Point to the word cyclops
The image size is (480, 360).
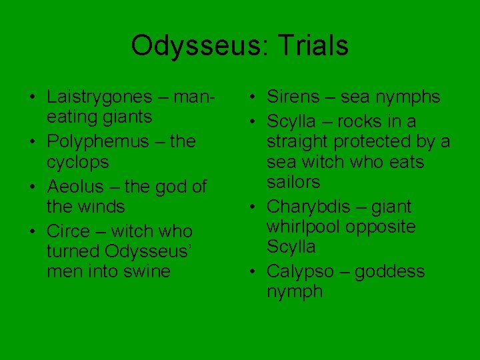77,162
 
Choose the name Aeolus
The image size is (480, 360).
75,187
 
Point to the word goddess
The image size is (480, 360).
389,271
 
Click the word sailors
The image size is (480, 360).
293,182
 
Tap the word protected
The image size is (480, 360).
376,141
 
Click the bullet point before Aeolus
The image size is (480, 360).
32,187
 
